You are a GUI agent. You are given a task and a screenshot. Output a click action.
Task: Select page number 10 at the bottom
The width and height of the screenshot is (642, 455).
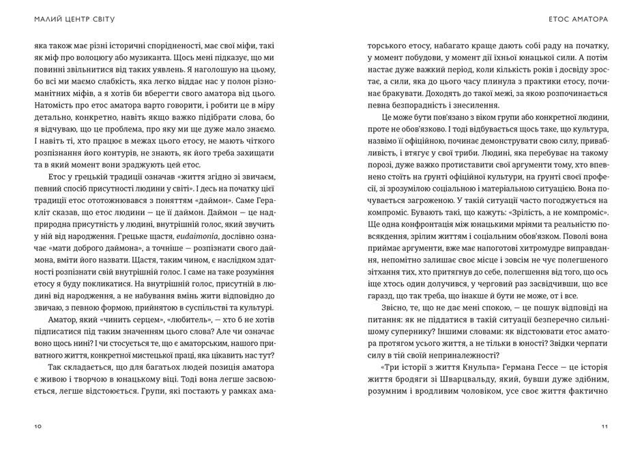tap(37, 426)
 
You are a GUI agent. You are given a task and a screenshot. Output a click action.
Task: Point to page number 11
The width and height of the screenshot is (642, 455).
tap(604, 426)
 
